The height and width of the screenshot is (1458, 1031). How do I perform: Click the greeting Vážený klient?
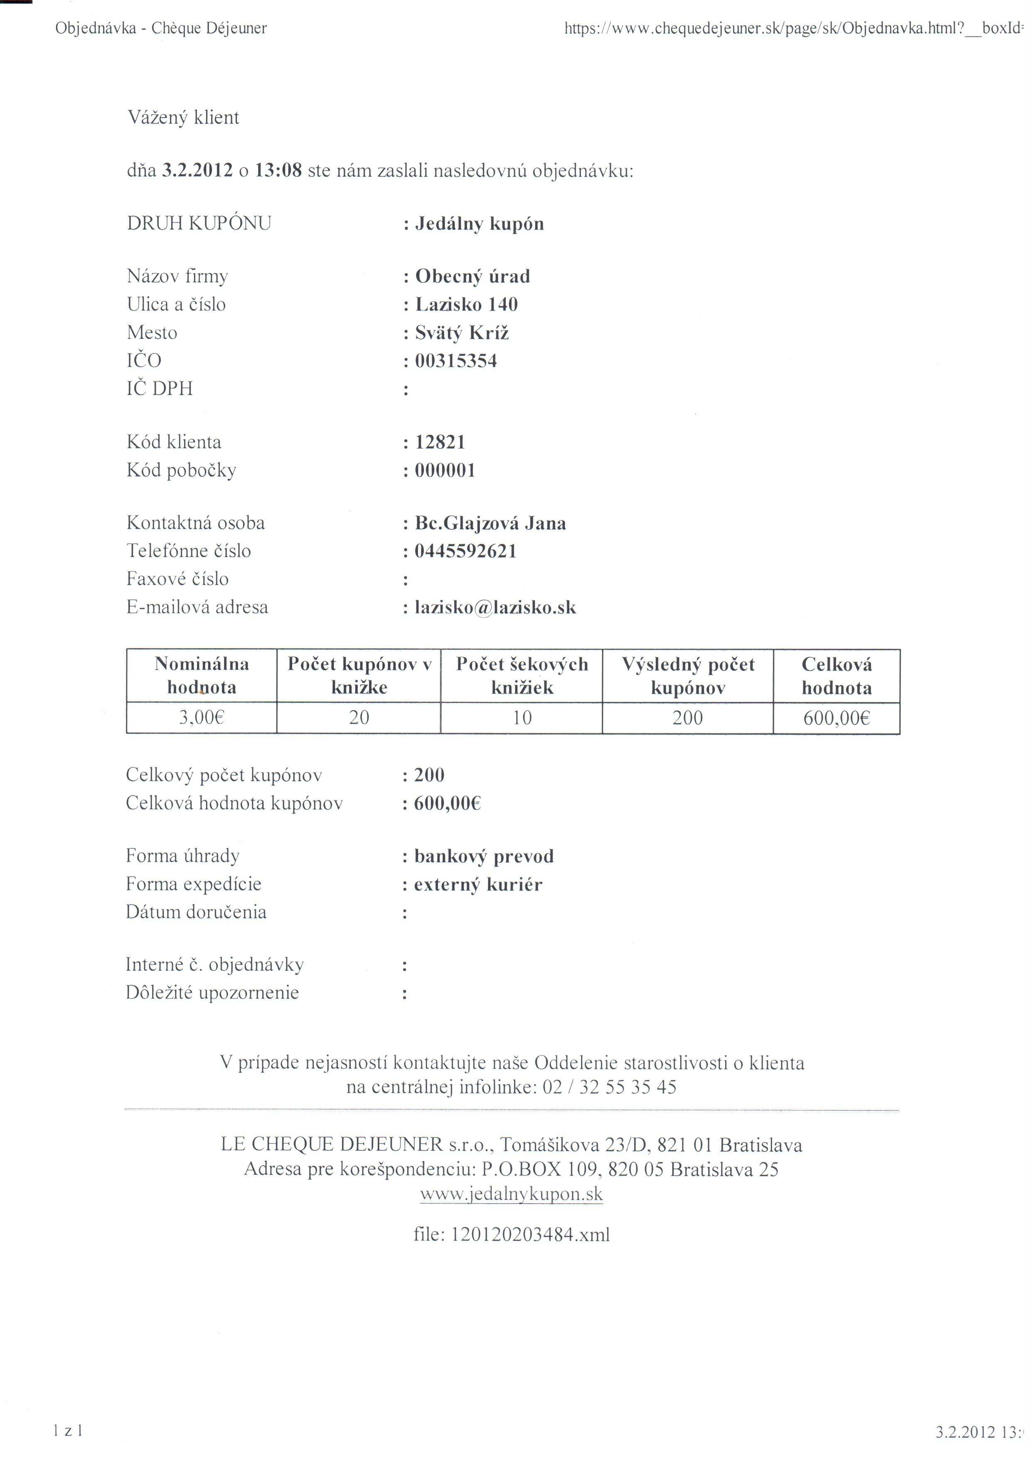coord(184,118)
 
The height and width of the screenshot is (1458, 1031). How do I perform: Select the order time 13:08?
coord(278,171)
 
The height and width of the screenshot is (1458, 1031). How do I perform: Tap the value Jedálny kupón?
coord(479,224)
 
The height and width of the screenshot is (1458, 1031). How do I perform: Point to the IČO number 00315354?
coord(456,361)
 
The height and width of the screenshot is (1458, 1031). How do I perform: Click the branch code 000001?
coord(445,471)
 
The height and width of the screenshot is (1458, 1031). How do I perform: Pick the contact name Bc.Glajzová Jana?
coord(490,523)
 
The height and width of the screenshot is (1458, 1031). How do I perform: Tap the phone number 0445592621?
coord(465,551)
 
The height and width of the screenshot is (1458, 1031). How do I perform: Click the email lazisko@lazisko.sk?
coord(495,608)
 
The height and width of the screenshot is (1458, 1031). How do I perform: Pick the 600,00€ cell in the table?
coord(836,718)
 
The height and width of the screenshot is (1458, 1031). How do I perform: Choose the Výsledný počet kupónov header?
coord(688,676)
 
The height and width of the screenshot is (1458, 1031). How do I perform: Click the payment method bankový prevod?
coord(484,857)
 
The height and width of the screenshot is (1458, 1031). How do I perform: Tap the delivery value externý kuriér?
coord(478,885)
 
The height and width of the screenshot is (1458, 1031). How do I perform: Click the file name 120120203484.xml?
coord(529,1235)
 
